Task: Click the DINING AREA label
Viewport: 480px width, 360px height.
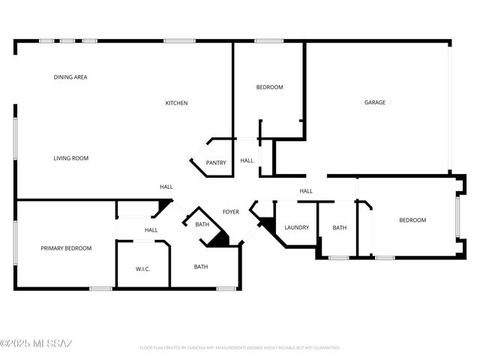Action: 70,77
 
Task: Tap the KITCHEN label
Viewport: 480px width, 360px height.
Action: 176,103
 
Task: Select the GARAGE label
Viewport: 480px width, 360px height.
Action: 375,103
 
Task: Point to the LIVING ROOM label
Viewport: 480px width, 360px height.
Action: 70,158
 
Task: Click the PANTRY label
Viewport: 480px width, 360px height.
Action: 216,163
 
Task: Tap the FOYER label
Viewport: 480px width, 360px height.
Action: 231,212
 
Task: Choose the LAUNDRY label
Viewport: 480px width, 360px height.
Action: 296,228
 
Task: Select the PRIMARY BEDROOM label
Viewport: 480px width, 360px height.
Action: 66,248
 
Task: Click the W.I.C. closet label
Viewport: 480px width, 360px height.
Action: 143,268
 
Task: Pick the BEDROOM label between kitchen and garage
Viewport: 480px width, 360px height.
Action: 269,88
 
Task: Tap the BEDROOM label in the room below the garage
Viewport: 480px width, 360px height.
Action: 412,220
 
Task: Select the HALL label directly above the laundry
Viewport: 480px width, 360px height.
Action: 306,191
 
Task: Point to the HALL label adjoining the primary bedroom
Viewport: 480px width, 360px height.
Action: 151,230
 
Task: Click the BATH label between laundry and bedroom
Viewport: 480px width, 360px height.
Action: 340,228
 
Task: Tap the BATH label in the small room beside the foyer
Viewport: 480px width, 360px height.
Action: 202,224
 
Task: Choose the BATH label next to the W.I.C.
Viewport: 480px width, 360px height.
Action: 201,267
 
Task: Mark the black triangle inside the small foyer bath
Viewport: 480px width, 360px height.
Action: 219,239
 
